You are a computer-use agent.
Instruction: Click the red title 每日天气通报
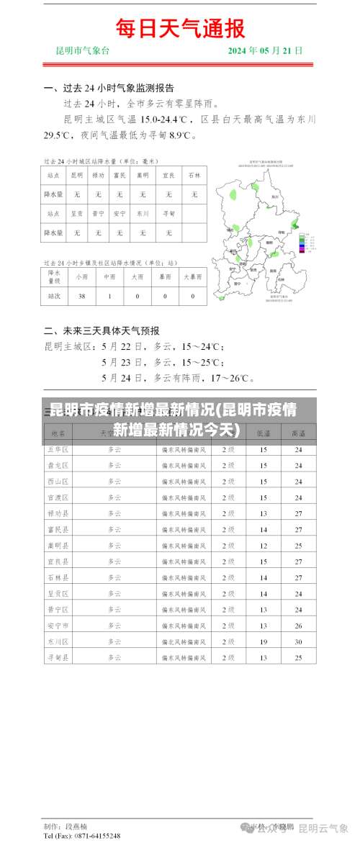pos(181,28)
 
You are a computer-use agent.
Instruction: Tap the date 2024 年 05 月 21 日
pos(265,51)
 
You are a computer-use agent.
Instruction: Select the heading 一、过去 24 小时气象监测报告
pos(109,89)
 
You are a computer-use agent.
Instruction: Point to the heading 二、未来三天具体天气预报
pos(102,331)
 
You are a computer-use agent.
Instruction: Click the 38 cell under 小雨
pos(81,296)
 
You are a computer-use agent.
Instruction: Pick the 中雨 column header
pos(109,276)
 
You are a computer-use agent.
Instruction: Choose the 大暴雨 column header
pos(192,276)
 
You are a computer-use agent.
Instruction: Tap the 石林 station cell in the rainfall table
pos(194,175)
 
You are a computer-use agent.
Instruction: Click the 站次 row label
pos(54,296)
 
